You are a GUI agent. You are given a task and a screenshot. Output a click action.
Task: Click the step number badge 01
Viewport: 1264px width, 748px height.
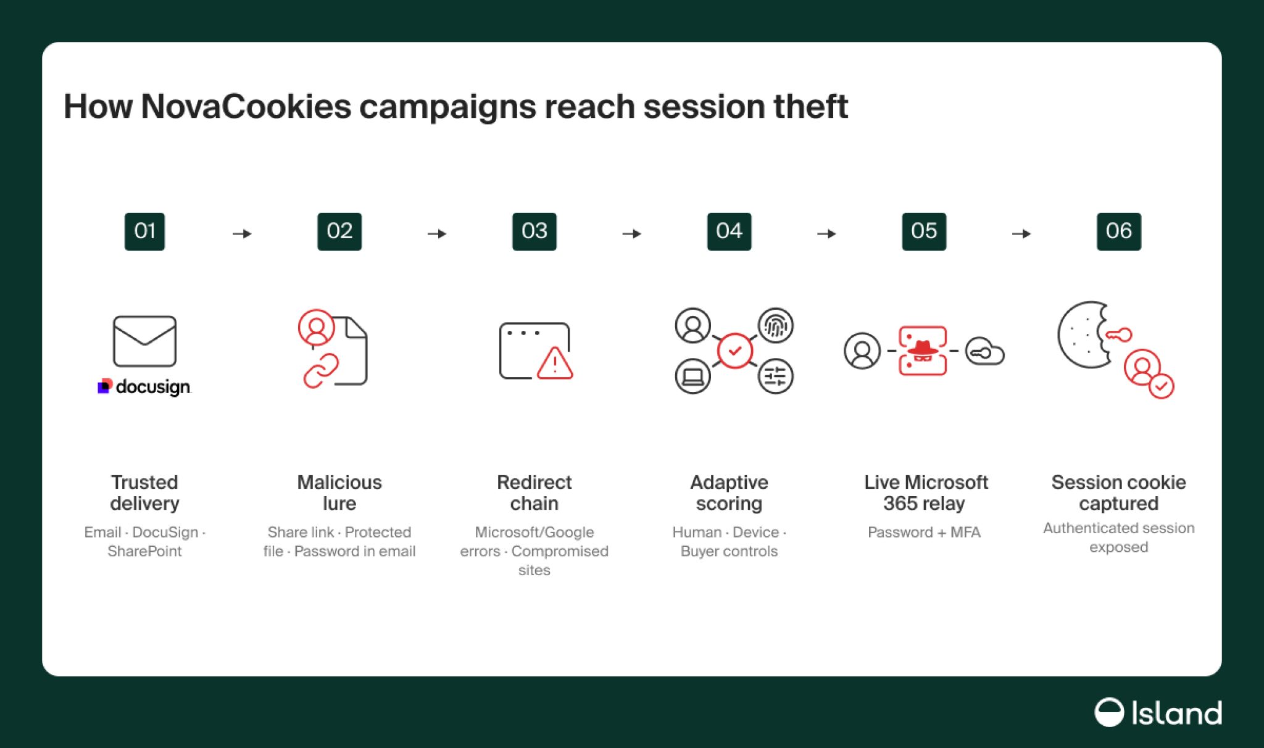144,231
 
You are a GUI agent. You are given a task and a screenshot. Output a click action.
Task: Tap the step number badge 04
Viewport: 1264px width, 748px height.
729,231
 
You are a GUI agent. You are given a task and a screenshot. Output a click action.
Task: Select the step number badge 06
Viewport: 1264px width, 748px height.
1118,231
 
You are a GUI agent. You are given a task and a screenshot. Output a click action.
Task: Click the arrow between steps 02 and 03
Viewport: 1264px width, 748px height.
437,234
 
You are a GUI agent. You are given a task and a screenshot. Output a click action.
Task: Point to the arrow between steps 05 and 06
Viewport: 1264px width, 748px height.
1021,234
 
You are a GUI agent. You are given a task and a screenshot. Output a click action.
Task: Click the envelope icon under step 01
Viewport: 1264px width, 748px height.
144,341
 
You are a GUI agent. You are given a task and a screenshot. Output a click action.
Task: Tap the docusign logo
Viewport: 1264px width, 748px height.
144,387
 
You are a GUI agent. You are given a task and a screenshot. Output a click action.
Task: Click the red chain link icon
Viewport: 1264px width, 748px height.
321,370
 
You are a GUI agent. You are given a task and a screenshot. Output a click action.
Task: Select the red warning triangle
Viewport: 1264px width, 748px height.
555,363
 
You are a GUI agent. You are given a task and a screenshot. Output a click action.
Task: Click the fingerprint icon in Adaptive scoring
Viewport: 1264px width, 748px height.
776,325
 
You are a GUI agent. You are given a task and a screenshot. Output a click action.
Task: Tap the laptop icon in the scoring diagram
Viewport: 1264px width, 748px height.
692,376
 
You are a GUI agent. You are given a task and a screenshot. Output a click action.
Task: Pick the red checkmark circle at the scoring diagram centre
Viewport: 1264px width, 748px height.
734,351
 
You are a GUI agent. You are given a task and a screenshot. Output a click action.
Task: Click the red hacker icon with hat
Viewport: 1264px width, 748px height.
923,351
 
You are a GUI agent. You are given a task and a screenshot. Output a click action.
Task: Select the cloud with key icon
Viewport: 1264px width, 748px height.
984,351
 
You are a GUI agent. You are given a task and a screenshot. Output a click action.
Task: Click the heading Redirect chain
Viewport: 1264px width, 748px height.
534,492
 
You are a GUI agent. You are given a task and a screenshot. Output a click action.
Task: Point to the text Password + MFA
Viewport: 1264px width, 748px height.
924,532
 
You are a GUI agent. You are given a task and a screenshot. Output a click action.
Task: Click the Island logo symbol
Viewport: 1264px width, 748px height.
1109,712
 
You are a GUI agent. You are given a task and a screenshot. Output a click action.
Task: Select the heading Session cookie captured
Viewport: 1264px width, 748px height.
1118,492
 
